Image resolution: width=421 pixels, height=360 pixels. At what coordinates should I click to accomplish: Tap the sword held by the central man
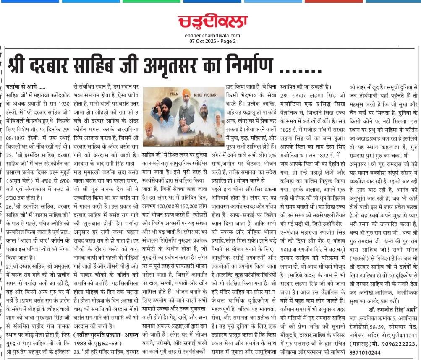tap(183, 117)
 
